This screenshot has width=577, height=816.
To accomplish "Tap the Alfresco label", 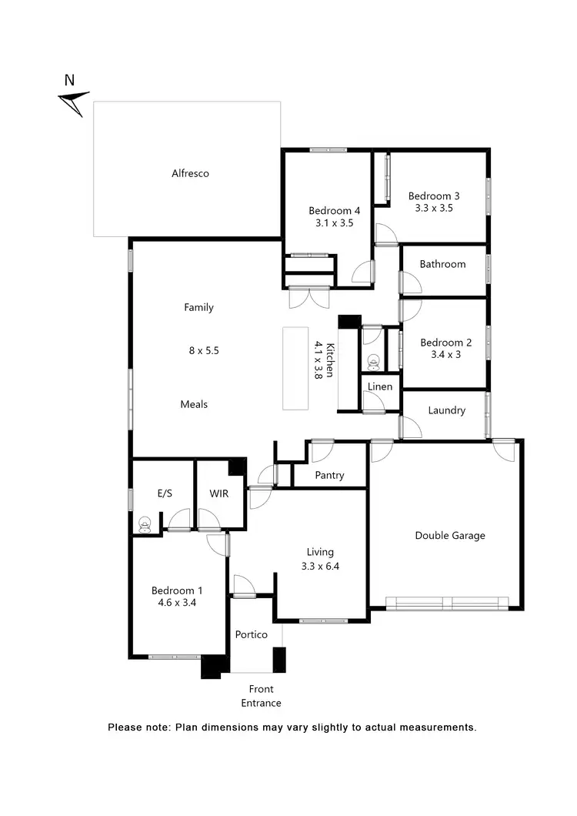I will pyautogui.click(x=190, y=174).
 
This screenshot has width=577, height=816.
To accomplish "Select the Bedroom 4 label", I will pyautogui.click(x=334, y=211).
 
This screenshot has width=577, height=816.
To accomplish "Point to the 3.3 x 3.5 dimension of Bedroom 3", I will pyautogui.click(x=434, y=208).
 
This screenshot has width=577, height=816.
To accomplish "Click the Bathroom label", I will pyautogui.click(x=442, y=264).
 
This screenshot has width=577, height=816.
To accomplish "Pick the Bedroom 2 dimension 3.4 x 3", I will pyautogui.click(x=440, y=356).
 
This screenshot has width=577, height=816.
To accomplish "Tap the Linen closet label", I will pyautogui.click(x=380, y=386).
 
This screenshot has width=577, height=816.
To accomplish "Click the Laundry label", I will pyautogui.click(x=447, y=410).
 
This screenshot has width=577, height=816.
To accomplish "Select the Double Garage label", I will pyautogui.click(x=450, y=536).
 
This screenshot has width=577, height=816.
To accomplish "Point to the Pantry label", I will pyautogui.click(x=329, y=476).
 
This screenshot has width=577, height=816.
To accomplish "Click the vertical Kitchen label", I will pyautogui.click(x=330, y=360).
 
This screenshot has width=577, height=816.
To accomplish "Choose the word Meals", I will pyautogui.click(x=194, y=404).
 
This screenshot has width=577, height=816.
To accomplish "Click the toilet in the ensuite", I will pyautogui.click(x=143, y=524).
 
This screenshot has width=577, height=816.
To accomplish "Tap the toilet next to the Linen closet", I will pyautogui.click(x=373, y=360).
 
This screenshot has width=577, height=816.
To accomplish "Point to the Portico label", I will pyautogui.click(x=251, y=634).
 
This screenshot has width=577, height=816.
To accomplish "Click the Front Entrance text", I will pyautogui.click(x=261, y=696).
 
